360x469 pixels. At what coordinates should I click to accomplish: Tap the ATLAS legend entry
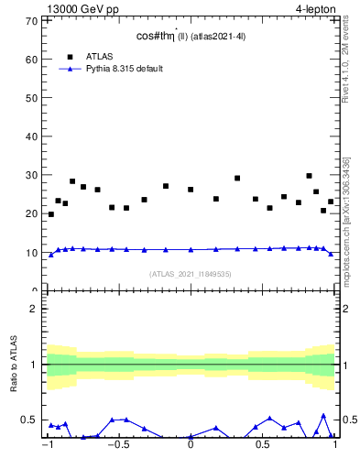point(100,56)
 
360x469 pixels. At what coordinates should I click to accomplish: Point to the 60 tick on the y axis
point(31,59)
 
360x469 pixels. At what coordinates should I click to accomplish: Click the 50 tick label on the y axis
point(31,97)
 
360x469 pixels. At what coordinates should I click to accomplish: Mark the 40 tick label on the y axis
point(31,136)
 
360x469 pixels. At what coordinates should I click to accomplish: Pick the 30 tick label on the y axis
point(31,175)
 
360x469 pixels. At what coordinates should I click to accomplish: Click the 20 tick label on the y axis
point(31,213)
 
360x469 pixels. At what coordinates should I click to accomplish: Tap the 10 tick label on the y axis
point(31,253)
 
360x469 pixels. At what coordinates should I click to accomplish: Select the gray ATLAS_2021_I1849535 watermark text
point(191,274)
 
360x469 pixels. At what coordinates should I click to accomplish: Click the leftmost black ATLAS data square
point(50,214)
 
